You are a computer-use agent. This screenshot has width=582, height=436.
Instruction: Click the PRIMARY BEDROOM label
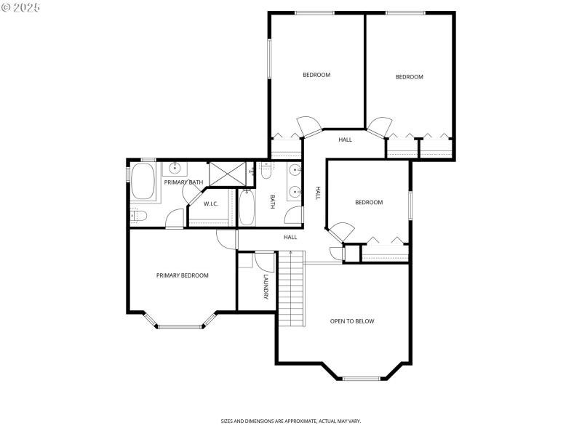pyautogui.click(x=183, y=275)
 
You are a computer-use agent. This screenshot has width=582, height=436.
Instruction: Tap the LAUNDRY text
pyautogui.click(x=266, y=286)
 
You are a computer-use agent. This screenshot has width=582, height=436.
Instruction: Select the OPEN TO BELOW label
pyautogui.click(x=352, y=321)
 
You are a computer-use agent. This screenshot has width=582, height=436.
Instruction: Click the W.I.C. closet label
pyautogui.click(x=211, y=203)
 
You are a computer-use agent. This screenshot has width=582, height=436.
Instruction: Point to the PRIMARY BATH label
pyautogui.click(x=183, y=182)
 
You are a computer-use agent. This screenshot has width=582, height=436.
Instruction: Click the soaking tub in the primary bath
pyautogui.click(x=143, y=182)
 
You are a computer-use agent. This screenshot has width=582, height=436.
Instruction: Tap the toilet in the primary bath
pyautogui.click(x=138, y=216)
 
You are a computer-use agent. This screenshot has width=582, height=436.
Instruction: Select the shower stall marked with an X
pyautogui.click(x=226, y=174)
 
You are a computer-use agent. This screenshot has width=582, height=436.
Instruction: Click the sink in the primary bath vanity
pyautogui.click(x=175, y=169)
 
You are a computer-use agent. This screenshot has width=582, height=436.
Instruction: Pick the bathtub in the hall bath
pyautogui.click(x=246, y=209)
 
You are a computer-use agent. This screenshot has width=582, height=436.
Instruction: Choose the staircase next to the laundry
pyautogui.click(x=291, y=289)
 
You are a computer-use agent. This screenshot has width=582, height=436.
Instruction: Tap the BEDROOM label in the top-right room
pyautogui.click(x=409, y=77)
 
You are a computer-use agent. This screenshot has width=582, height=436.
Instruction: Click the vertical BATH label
pyautogui.click(x=273, y=201)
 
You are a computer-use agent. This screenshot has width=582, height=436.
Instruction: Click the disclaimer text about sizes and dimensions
pyautogui.click(x=291, y=421)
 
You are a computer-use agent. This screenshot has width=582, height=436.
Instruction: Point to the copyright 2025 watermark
pyautogui.click(x=21, y=7)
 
